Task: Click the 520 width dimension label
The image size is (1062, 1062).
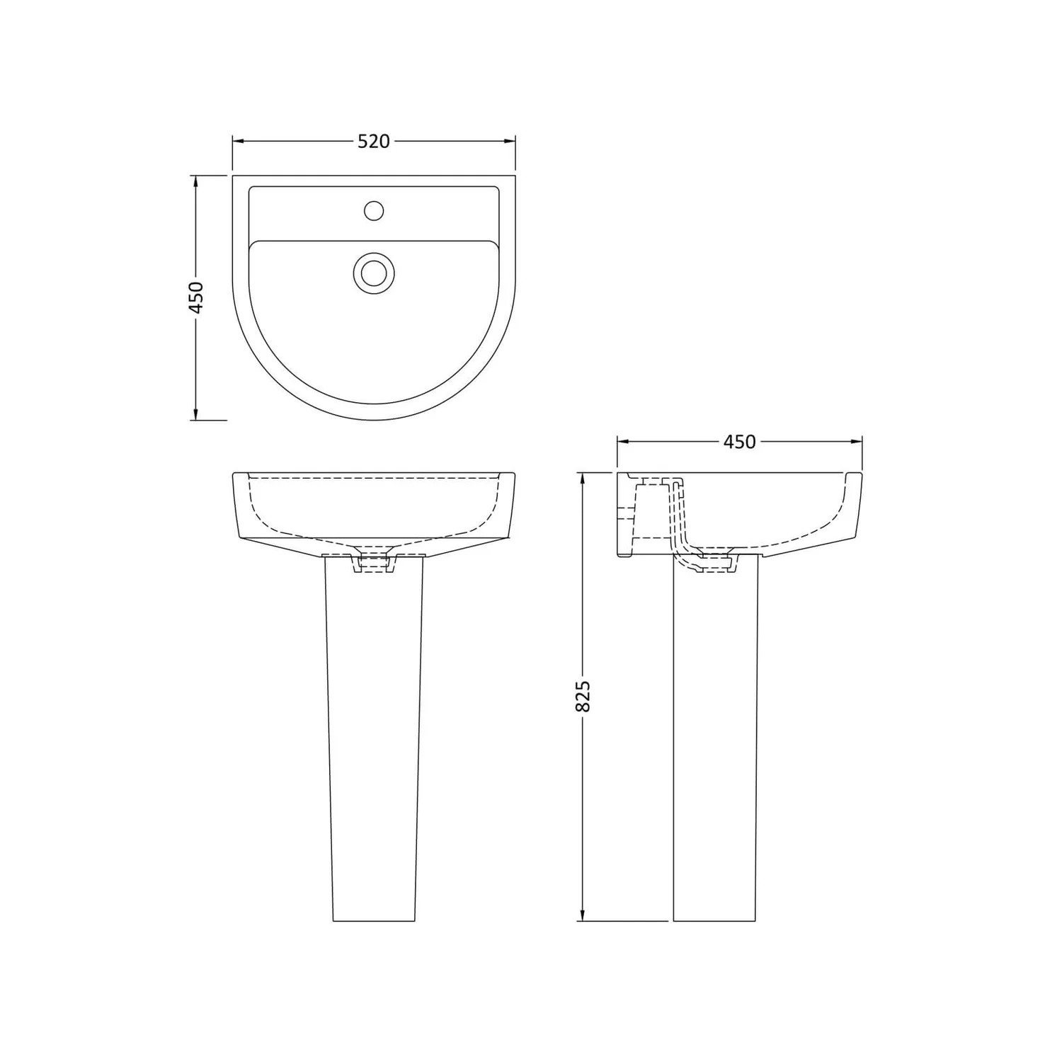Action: pyautogui.click(x=373, y=142)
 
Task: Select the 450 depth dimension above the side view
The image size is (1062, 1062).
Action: pyautogui.click(x=739, y=442)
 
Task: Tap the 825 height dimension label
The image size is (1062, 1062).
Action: pyautogui.click(x=583, y=697)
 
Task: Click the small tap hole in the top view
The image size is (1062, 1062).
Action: pyautogui.click(x=373, y=210)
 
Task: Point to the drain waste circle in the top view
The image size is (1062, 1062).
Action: pyautogui.click(x=373, y=273)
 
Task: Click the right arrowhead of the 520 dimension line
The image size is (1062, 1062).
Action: pyautogui.click(x=509, y=142)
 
